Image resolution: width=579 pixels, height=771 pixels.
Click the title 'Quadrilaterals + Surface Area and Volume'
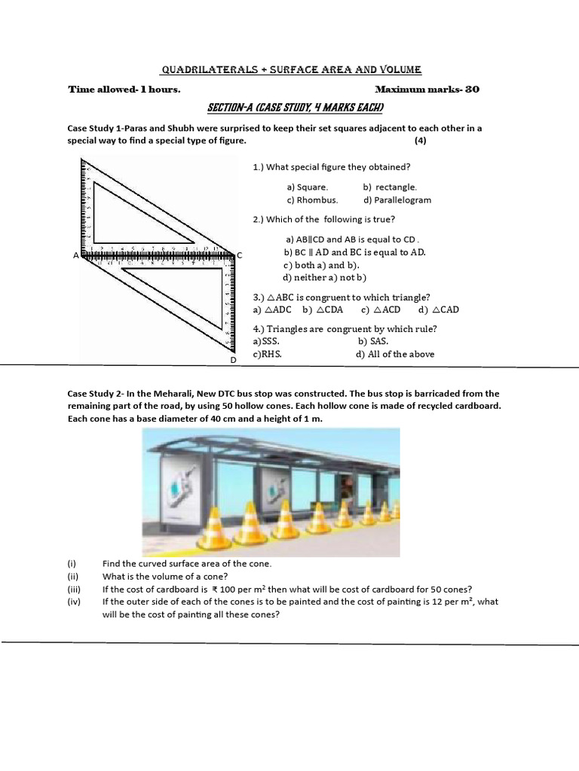(x=291, y=70)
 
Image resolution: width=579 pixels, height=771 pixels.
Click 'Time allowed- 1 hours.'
(x=124, y=89)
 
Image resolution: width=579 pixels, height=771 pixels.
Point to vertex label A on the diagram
(x=75, y=256)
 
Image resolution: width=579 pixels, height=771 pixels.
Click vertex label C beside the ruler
(x=240, y=256)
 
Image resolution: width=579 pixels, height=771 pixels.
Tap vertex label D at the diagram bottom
(x=233, y=361)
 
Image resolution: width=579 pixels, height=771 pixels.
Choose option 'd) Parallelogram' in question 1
(x=397, y=200)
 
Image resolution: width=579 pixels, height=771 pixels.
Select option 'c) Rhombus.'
(x=312, y=200)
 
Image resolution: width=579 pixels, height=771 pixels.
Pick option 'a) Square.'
(x=307, y=187)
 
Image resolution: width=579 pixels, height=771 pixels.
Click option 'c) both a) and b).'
(x=321, y=265)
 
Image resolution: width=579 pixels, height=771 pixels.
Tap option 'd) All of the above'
(x=395, y=354)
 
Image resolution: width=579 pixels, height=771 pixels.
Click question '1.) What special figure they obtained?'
(x=332, y=167)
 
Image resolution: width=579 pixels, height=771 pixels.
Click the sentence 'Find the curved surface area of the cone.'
(x=187, y=564)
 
